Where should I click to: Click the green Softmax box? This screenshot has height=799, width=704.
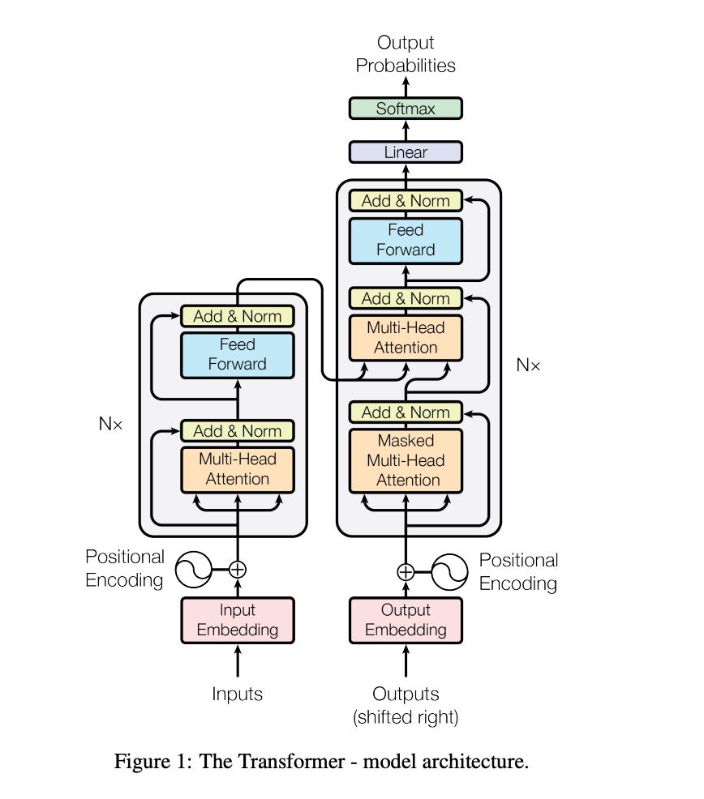(x=406, y=109)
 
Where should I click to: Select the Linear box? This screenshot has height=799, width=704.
(x=406, y=152)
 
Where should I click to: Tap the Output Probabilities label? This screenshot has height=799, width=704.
(x=406, y=54)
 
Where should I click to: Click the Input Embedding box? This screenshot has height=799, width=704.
(x=237, y=620)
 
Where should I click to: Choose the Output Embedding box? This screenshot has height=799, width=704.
(x=406, y=620)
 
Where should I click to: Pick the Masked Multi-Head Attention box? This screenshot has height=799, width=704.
(x=406, y=460)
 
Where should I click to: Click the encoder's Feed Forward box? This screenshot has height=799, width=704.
(x=237, y=355)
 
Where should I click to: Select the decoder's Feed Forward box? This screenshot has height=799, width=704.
(x=406, y=241)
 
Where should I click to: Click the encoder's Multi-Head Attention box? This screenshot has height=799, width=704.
(x=237, y=469)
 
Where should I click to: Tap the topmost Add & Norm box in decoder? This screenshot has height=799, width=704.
(x=406, y=201)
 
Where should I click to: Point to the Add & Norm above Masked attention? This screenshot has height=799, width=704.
(x=406, y=412)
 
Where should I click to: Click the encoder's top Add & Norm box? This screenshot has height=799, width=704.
(x=237, y=316)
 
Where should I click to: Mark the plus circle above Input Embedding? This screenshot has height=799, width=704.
(x=237, y=569)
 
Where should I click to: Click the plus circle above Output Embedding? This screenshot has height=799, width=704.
(x=406, y=572)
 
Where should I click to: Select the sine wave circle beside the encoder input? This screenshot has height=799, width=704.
(x=194, y=569)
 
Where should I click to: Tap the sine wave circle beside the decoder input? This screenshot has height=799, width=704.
(x=450, y=572)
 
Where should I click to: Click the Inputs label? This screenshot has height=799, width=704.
(x=237, y=694)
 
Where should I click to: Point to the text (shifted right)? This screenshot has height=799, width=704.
(x=406, y=716)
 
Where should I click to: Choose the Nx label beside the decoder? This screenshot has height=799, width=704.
(x=528, y=365)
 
